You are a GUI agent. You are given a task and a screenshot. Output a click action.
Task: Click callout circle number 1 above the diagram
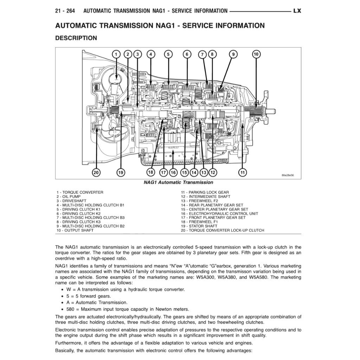[116, 54]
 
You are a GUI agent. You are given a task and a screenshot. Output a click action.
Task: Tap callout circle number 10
[256, 54]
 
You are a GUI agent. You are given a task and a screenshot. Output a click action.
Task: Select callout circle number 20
[96, 172]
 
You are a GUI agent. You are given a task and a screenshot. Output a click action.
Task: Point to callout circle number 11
[243, 172]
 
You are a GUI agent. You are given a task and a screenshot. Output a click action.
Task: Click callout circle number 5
[168, 54]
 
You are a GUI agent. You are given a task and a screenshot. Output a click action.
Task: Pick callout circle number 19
[121, 172]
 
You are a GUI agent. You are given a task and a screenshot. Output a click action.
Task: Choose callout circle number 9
[233, 54]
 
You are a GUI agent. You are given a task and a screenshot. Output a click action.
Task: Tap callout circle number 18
[151, 172]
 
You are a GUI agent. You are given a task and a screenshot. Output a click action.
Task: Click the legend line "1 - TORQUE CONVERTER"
[80, 192]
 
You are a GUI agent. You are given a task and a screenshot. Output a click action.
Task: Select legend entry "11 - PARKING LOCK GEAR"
[205, 192]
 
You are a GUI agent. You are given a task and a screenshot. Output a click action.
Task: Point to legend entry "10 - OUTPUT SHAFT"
[75, 230]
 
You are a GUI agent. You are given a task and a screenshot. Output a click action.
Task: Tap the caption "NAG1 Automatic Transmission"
[178, 182]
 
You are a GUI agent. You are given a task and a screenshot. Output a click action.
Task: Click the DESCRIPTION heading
[76, 38]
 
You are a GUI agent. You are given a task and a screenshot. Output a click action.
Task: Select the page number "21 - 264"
[65, 11]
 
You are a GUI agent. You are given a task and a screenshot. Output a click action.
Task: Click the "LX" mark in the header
[297, 11]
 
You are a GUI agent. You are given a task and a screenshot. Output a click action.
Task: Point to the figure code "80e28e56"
[287, 175]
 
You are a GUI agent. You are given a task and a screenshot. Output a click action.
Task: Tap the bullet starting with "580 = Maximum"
[128, 309]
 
